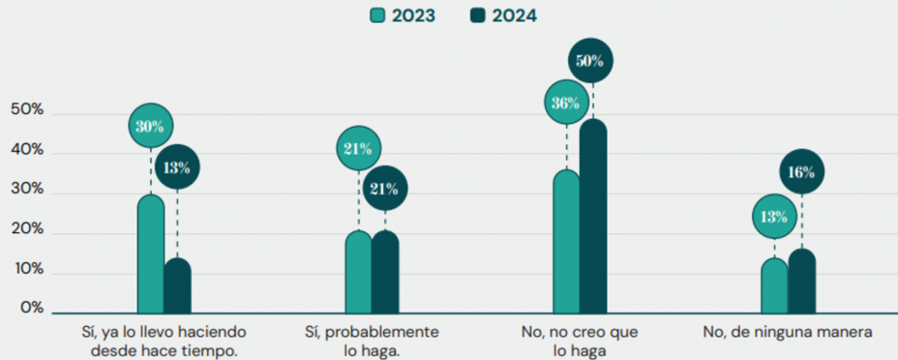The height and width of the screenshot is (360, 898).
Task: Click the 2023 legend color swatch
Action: point(378,15)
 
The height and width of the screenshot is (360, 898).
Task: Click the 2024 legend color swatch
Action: point(478,15)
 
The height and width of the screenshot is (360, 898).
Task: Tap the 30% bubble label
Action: point(151,126)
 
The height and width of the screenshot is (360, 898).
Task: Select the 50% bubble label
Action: point(590,62)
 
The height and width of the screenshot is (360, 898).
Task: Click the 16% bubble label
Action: point(802,172)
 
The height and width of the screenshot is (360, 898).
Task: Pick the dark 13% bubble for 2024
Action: point(177,166)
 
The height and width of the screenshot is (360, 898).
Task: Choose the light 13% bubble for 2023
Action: point(774,216)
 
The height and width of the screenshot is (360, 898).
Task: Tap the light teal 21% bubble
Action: point(358,147)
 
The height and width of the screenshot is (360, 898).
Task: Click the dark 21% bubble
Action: point(384,188)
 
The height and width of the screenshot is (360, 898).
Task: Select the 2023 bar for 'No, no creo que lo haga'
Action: point(566,242)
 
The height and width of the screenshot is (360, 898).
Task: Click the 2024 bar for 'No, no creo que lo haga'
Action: point(592,218)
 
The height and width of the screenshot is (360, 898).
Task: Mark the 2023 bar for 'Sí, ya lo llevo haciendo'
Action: point(151,254)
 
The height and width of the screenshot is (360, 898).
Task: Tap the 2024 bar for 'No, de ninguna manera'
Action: point(802,281)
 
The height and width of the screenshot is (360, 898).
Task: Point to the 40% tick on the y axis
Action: point(27,151)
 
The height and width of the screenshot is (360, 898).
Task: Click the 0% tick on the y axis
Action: point(32,309)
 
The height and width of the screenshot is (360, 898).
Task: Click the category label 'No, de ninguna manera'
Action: point(789,332)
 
